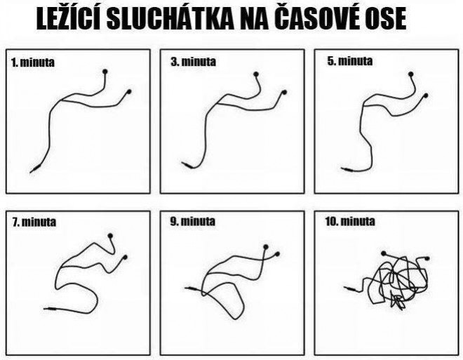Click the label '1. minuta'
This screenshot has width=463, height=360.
pos(32,62)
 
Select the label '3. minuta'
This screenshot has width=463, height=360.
pos(193,62)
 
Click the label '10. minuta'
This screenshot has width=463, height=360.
pos(351,222)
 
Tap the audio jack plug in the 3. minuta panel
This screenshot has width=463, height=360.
pos(187,165)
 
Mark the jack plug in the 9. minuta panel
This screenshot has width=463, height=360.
pos(191,288)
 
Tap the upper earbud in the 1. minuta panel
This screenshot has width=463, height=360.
pos(106,72)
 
